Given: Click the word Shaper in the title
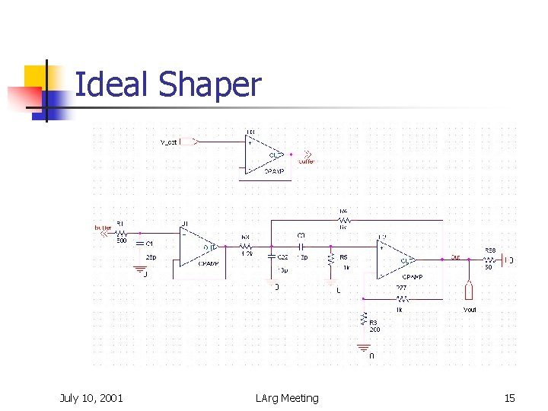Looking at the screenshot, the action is pos(210,84).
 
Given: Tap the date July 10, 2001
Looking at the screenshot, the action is pos(91,397).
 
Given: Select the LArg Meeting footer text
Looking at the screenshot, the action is pos(288,397).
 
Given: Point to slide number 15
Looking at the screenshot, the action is pos(509,397).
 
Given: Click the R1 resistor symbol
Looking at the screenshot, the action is pos(121,233).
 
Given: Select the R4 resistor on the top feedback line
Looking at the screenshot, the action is pos(343,219).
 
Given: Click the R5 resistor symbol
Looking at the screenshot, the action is pos(331,260).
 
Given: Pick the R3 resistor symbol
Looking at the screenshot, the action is pos(365,320).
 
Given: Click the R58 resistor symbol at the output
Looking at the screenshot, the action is pos(491,260).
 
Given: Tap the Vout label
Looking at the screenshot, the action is pos(470,310).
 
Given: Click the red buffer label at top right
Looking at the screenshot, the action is pos(306,161).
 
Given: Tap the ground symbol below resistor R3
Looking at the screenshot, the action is pos(365,347).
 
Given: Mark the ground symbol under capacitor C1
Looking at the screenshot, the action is pos(139,268).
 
